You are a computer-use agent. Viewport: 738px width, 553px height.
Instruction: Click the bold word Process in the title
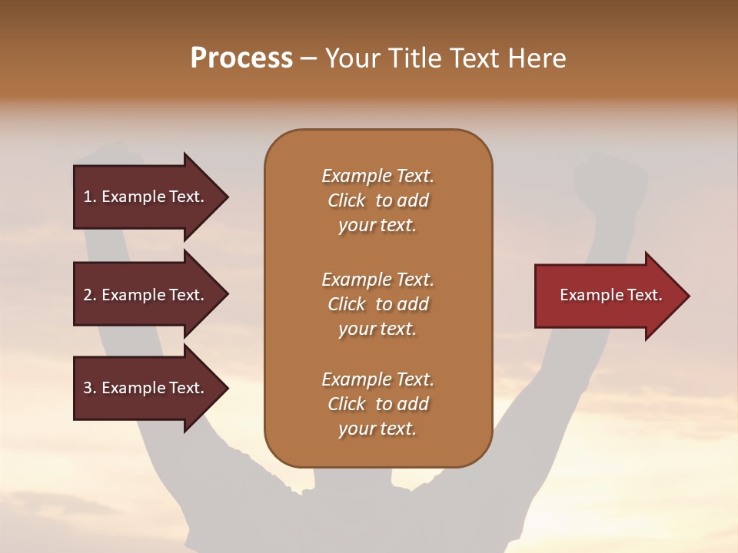point(241,58)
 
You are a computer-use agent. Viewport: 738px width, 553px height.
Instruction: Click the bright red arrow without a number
point(607,296)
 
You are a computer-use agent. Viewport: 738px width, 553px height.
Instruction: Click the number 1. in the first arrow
point(90,197)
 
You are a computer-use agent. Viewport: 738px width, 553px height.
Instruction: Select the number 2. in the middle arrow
point(90,295)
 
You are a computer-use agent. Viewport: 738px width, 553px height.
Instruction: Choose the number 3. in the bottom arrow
point(90,388)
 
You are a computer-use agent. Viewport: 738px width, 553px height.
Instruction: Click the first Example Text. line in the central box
point(377,176)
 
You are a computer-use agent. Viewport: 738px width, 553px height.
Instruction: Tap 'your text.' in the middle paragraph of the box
point(377,329)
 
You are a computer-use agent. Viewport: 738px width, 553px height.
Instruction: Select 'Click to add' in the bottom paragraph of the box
point(377,404)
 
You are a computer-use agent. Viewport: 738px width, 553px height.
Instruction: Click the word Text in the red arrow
point(644,295)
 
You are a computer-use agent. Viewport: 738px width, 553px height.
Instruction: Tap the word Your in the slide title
point(354,58)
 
